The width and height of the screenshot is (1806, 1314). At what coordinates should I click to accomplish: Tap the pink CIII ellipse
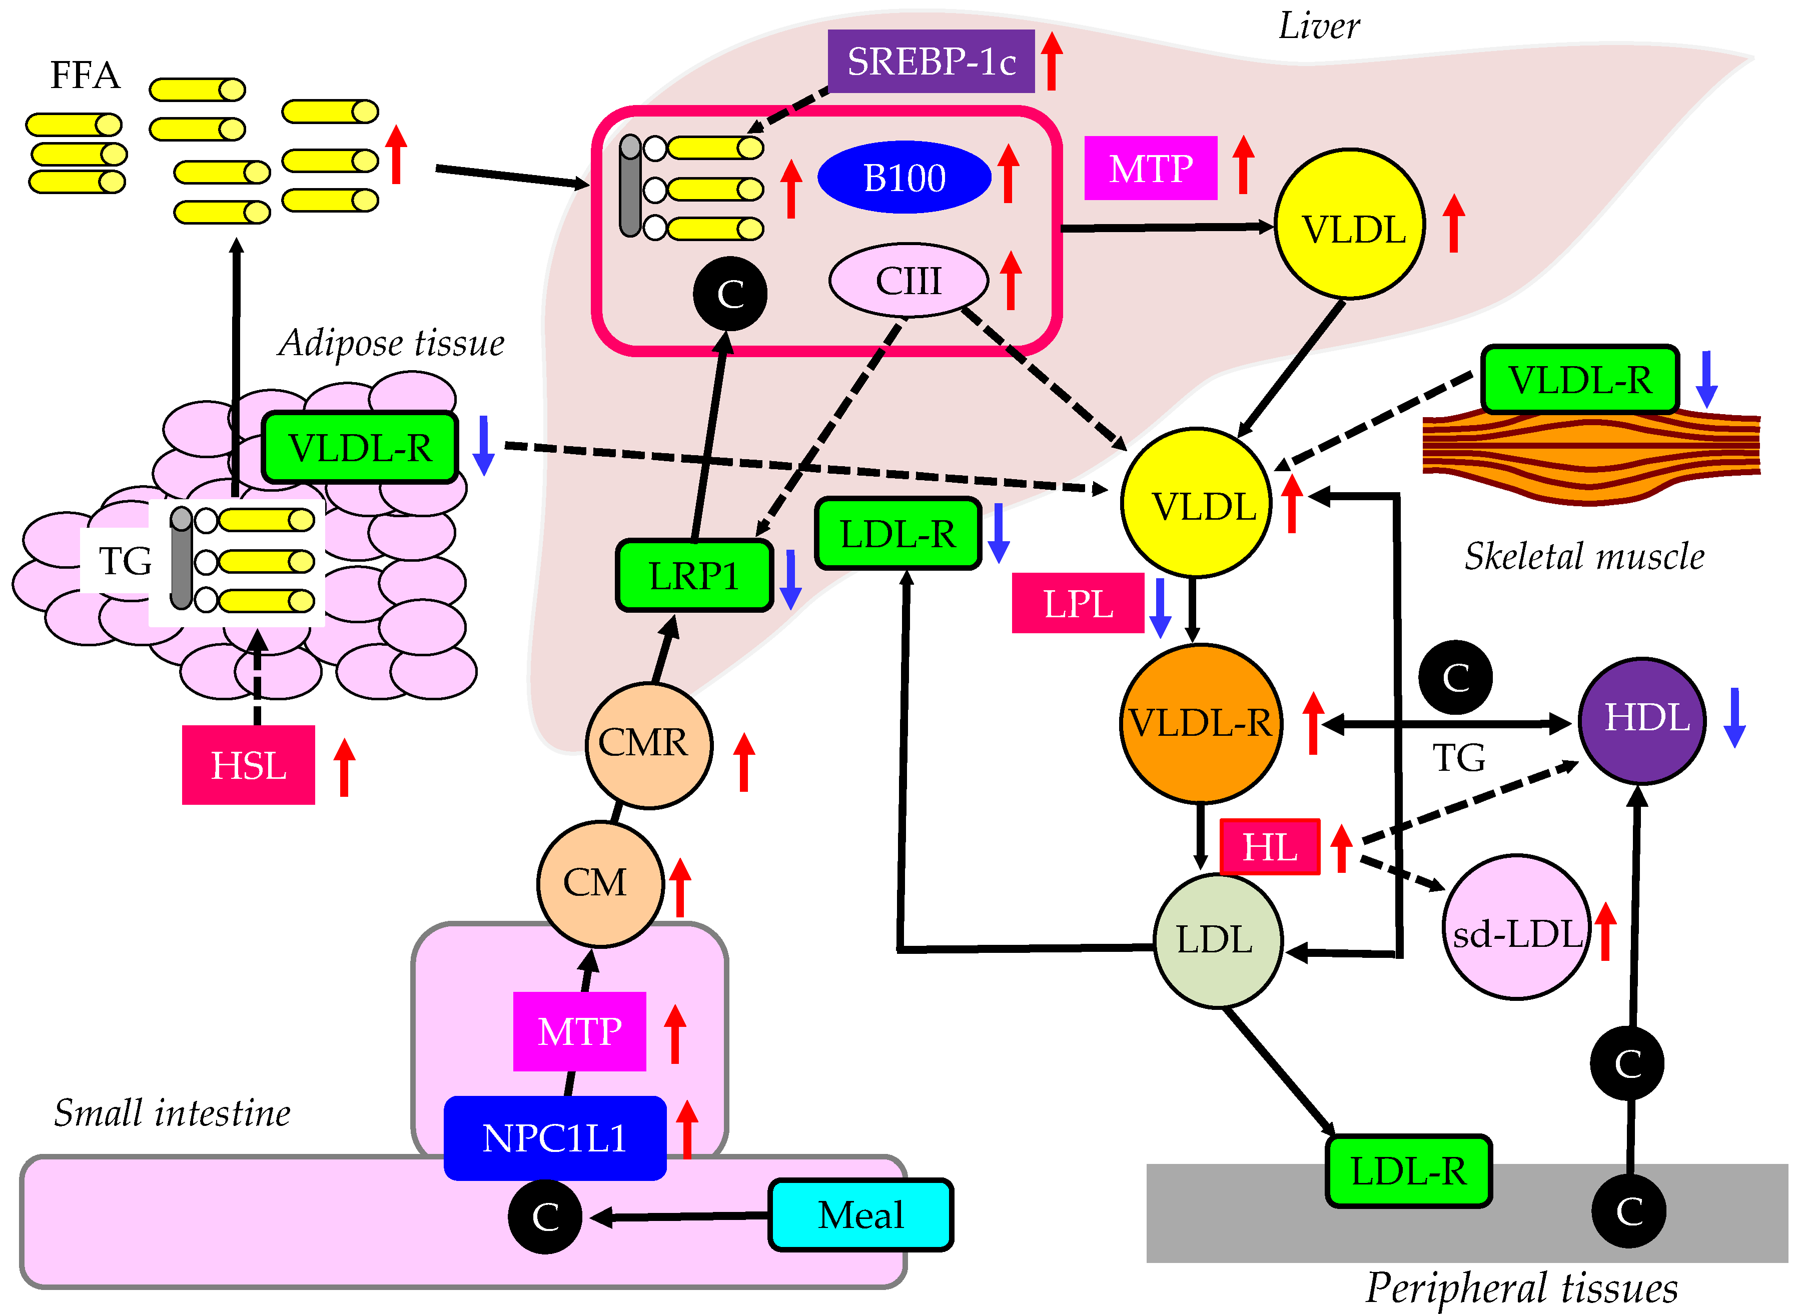click(908, 280)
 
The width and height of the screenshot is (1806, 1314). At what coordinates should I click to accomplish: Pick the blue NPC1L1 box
click(554, 1138)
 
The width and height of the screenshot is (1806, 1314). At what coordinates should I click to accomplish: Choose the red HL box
click(1269, 846)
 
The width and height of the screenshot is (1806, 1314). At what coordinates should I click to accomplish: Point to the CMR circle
click(648, 745)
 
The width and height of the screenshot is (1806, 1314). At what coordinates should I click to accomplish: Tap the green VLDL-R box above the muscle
click(1580, 380)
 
